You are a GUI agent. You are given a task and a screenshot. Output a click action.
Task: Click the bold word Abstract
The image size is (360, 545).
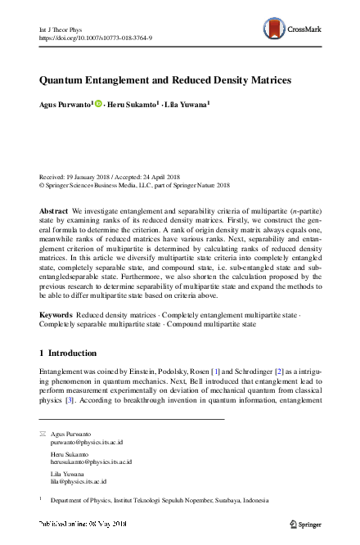click(x=54, y=211)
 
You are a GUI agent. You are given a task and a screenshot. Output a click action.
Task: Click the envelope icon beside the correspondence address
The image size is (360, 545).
click(x=43, y=431)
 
